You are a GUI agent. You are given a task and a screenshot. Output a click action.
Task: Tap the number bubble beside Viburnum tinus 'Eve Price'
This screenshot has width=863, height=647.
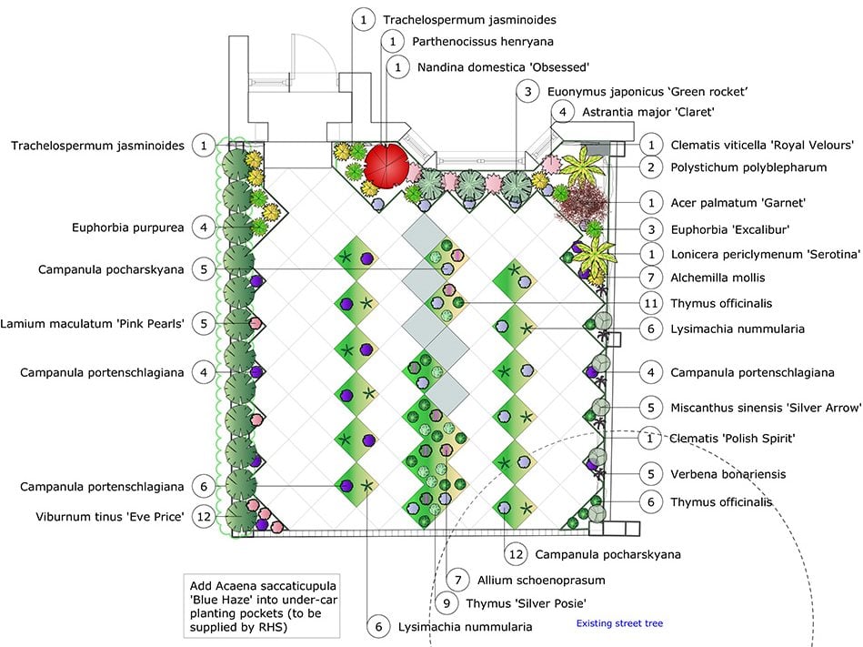(x=205, y=516)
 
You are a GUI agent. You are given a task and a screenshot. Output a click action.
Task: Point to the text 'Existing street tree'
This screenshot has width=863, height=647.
(x=619, y=623)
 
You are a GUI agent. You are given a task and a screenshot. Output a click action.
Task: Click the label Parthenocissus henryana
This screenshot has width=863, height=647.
(x=482, y=42)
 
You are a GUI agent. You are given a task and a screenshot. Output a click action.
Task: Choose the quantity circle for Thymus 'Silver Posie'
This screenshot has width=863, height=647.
(x=447, y=602)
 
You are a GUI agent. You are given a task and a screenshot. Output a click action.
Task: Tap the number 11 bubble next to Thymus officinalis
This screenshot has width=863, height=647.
(x=651, y=303)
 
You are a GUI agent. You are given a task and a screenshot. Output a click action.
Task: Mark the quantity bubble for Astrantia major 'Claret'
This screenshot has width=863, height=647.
(x=562, y=112)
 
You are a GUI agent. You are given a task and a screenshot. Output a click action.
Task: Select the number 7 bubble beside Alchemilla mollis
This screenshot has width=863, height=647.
(x=651, y=278)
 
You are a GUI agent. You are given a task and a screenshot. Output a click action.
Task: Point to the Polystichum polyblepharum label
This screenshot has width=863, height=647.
(x=748, y=167)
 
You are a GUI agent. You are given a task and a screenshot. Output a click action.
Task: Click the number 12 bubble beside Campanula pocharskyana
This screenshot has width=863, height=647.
(x=516, y=553)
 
